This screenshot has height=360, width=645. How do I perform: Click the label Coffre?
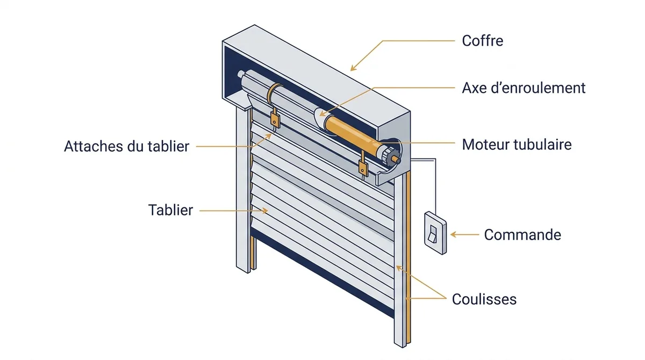(x=483, y=41)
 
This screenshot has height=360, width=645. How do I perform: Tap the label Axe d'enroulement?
(x=524, y=88)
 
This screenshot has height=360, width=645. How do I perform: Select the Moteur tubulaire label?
(x=517, y=145)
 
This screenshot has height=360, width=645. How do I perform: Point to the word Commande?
(x=522, y=235)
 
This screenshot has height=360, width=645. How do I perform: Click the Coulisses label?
(x=484, y=299)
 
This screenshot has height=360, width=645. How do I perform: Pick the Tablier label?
(x=170, y=210)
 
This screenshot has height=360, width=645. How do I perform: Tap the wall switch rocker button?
(x=433, y=234)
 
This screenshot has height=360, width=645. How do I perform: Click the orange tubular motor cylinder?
(x=353, y=132)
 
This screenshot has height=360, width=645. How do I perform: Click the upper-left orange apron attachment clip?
(x=275, y=119)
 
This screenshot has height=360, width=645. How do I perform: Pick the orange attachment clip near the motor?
(x=363, y=168)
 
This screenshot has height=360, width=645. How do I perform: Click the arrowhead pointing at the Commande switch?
(x=454, y=235)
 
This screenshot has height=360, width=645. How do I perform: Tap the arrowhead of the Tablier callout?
(x=265, y=211)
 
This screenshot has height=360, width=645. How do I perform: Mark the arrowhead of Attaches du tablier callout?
(x=268, y=136)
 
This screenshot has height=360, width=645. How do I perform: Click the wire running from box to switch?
(x=435, y=184)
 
